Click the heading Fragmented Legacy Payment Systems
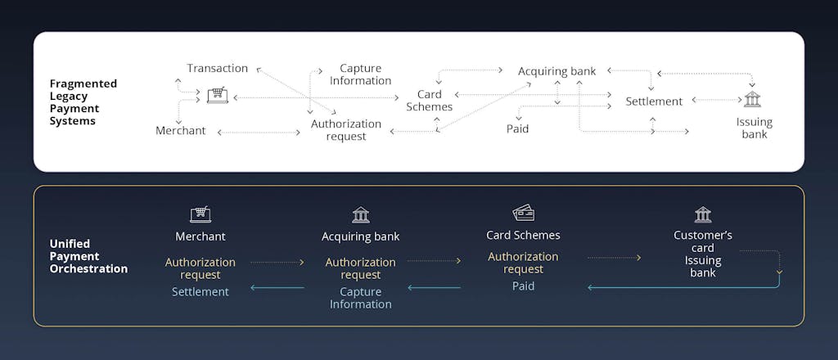tap(83, 102)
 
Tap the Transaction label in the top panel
tap(217, 68)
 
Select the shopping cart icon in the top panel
tap(217, 96)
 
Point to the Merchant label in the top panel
tap(181, 131)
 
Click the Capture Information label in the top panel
tap(360, 74)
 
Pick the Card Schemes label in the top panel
tap(430, 101)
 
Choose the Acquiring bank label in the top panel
tap(556, 71)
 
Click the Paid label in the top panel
tap(517, 128)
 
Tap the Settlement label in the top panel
tap(654, 101)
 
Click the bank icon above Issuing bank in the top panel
tap(752, 99)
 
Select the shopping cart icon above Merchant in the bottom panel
tap(200, 214)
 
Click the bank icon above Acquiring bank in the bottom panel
tap(360, 214)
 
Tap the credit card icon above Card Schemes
tap(523, 214)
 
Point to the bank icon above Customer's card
tap(703, 214)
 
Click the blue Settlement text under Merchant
tap(200, 291)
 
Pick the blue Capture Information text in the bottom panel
tap(360, 298)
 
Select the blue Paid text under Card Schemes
tap(523, 286)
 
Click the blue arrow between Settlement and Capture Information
tap(277, 287)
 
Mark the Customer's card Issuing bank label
tap(703, 254)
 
